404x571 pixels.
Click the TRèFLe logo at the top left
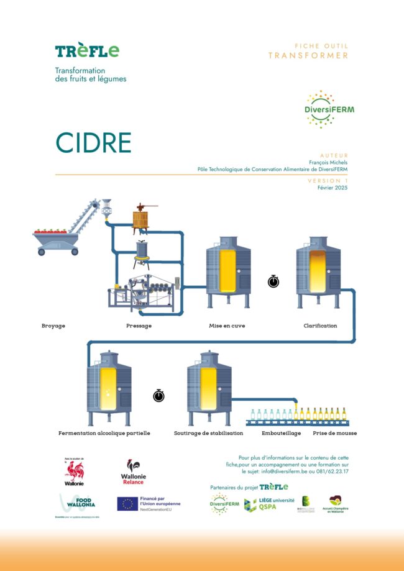point(86,51)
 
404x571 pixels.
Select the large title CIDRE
point(93,143)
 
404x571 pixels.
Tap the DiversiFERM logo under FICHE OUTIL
point(329,109)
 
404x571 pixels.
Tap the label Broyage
point(53,326)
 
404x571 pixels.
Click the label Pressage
point(139,326)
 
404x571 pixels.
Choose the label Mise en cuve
point(227,326)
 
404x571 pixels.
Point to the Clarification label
point(320,326)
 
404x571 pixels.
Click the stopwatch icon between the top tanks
point(273,281)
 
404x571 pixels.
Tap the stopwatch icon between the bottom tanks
point(158,395)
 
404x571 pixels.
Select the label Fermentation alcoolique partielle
point(104,433)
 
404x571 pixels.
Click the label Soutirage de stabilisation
point(208,433)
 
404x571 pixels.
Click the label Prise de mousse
point(336,433)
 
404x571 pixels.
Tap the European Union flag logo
point(128,503)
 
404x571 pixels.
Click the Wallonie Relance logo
point(133,472)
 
